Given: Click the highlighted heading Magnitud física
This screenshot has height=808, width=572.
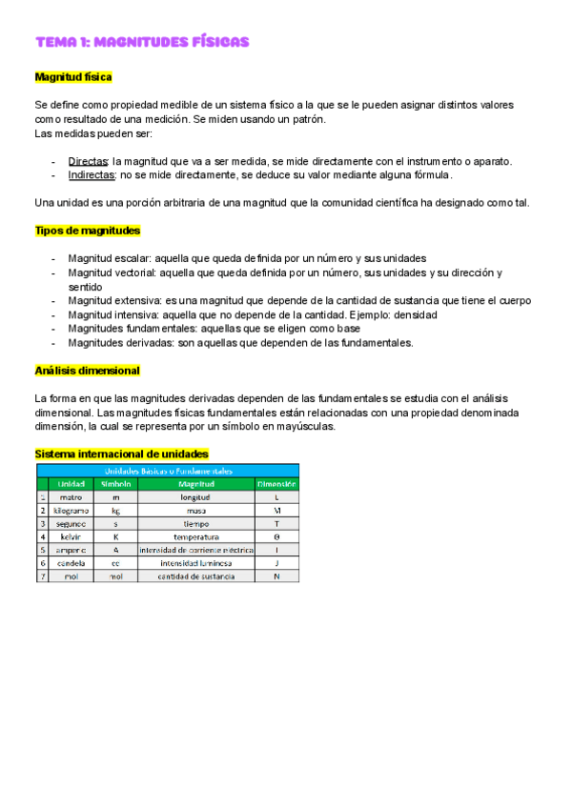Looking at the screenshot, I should (73, 75).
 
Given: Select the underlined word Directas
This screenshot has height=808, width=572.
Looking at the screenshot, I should (88, 161).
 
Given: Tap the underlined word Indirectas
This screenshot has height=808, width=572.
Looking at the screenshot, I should (92, 174).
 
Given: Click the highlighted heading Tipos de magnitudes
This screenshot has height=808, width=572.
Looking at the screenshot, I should (88, 231).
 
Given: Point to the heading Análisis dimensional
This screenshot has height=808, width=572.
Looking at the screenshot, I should (87, 370).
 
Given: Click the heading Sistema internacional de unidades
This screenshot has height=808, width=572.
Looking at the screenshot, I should (121, 454).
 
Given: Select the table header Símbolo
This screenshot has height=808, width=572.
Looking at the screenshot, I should (115, 484).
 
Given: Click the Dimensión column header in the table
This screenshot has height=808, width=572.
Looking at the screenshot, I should (276, 484).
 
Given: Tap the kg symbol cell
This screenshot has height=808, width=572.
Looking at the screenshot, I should (115, 511).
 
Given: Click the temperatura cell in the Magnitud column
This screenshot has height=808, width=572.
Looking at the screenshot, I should (195, 537).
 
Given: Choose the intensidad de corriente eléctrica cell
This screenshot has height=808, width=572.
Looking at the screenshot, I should (195, 551).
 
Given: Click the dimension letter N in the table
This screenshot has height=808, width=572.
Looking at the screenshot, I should (276, 577).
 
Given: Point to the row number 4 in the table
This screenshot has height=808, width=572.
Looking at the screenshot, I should (42, 537).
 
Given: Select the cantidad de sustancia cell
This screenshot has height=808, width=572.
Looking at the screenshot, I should (195, 577).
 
